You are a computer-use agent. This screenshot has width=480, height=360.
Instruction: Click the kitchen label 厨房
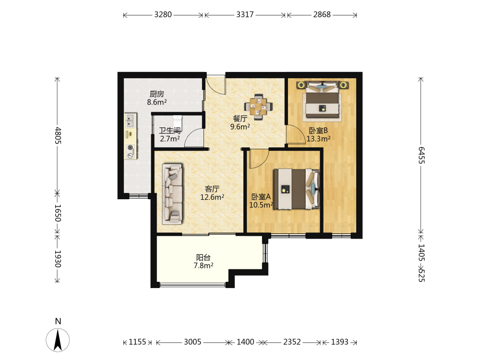[x=157, y=94]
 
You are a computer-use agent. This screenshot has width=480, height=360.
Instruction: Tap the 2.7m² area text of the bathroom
[x=170, y=139]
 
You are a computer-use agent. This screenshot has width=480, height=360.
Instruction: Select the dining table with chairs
[x=258, y=107]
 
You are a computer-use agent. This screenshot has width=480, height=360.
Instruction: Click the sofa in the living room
[x=172, y=193]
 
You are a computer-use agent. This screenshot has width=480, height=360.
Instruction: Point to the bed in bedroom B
[x=323, y=101]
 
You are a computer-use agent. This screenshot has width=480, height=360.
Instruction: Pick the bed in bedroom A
[x=297, y=189]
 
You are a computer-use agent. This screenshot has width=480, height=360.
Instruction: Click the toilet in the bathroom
[x=178, y=120]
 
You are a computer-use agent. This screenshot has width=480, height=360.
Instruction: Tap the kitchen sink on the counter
[x=131, y=120]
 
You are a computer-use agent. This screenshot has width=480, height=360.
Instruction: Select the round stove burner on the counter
[x=131, y=147]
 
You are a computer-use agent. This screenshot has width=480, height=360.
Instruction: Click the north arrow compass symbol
[x=58, y=339]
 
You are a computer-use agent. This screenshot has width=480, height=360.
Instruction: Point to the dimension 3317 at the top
[x=245, y=14]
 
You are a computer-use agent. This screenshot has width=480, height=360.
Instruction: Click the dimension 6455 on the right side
[x=421, y=155]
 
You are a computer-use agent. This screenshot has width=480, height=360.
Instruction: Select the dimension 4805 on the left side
[x=58, y=136]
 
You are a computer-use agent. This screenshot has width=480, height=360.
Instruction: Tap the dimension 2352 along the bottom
[x=292, y=342]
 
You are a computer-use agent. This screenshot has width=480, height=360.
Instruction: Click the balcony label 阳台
[x=203, y=257]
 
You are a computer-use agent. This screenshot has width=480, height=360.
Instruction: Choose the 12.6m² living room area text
[x=212, y=197]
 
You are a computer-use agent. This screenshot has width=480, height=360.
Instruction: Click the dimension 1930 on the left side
[x=58, y=259]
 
